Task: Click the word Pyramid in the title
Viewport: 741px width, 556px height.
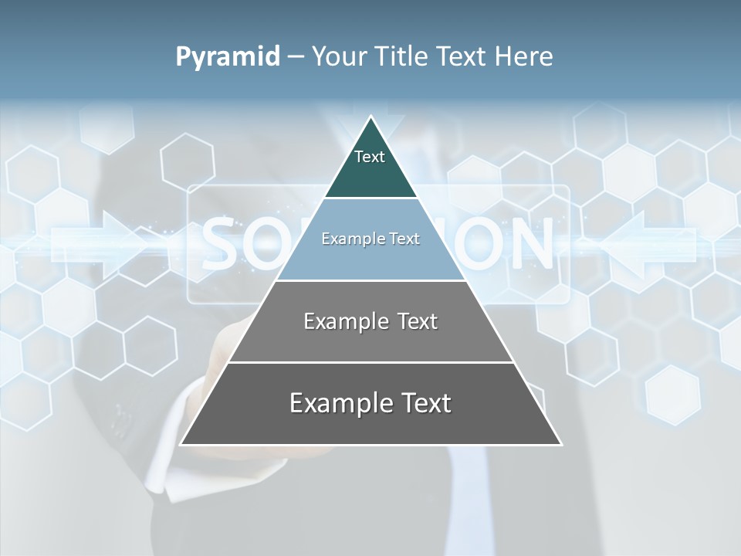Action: (228, 57)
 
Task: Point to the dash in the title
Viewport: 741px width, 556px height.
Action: (295, 57)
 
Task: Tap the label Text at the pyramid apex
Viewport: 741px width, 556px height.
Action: (370, 157)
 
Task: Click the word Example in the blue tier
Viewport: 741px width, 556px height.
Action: (347, 239)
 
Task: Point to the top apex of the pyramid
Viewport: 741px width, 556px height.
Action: (371, 118)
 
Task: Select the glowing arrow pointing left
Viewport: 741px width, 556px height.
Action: (641, 244)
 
